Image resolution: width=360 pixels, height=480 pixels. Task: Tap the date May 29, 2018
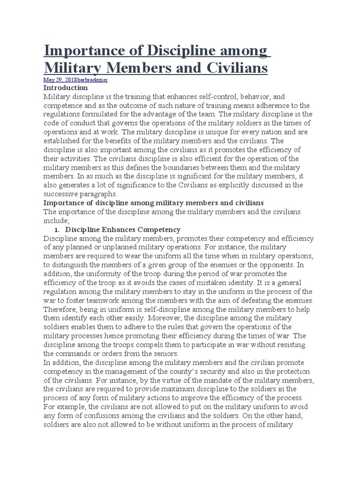[59, 80]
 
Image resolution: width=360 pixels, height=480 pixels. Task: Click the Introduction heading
[65, 88]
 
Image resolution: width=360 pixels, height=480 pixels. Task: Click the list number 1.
[56, 230]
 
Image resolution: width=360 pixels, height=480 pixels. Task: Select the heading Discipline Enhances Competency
[122, 230]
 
